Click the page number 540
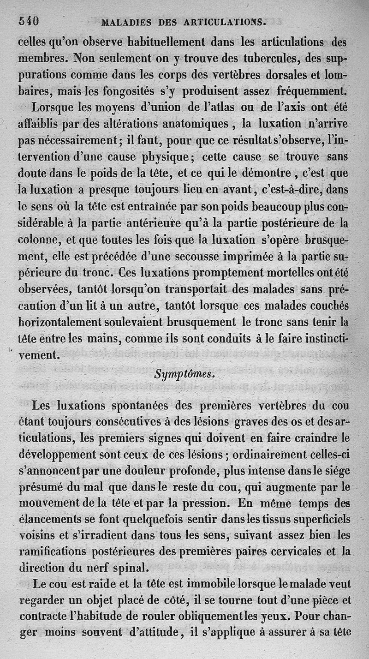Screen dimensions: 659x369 pyautogui.click(x=29, y=21)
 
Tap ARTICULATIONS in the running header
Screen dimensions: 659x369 pyautogui.click(x=226, y=21)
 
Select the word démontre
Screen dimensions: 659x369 pyautogui.click(x=263, y=174)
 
